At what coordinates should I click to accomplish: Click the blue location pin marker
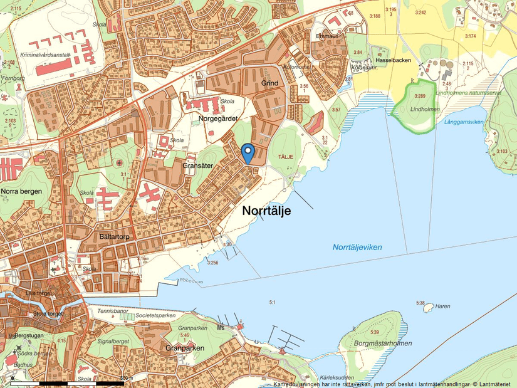point(248,152)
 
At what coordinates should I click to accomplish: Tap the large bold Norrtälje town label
point(266,211)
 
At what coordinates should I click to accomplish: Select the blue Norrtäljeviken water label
point(357,248)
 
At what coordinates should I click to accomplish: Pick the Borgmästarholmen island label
point(382,344)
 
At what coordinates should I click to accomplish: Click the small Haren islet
point(428,308)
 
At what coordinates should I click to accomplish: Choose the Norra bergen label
point(21,191)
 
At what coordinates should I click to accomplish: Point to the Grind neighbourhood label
point(269,83)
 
